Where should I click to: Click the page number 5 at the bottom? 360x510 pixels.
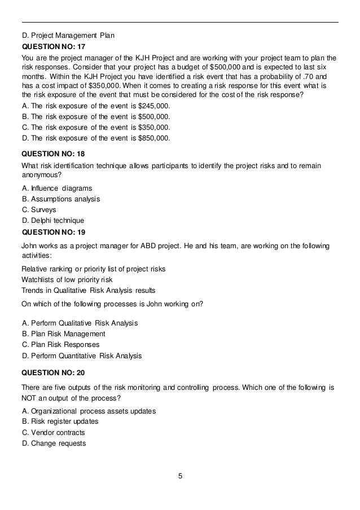coord(180,476)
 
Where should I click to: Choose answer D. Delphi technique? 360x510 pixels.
coord(52,220)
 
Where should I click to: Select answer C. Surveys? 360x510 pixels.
coord(39,209)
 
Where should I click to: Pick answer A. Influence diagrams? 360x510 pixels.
coord(57,188)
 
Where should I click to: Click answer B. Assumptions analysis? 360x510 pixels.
coord(61,199)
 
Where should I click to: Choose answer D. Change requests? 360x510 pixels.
coord(54,443)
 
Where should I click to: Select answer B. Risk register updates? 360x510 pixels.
coord(60,421)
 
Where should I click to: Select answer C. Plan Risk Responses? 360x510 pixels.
coord(60,344)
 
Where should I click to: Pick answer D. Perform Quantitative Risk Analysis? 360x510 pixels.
coord(82,355)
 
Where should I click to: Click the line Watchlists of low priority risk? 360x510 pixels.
coord(67,279)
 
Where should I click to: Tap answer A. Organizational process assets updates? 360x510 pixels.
coord(89,411)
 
